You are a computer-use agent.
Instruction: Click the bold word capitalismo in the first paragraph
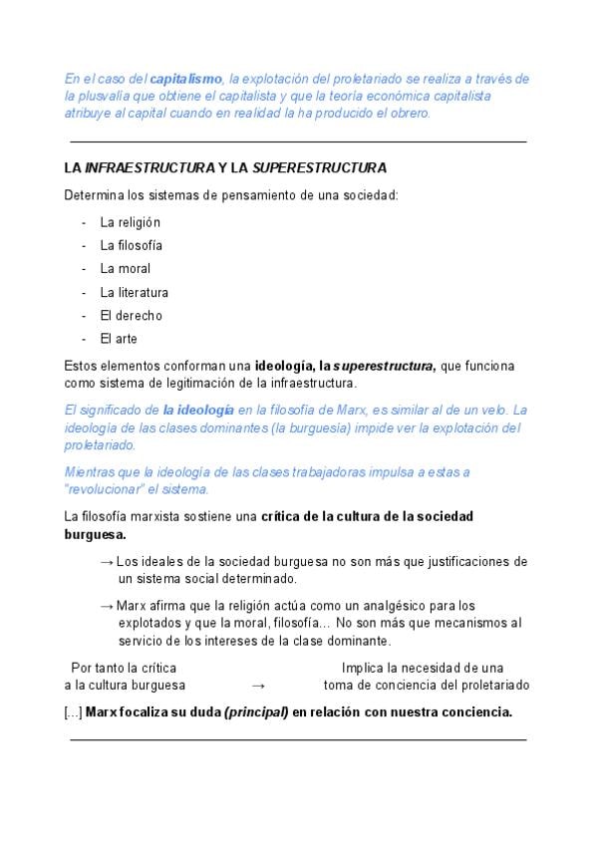click(x=185, y=79)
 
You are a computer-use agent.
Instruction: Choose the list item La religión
click(x=130, y=222)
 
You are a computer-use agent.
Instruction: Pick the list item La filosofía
click(x=131, y=245)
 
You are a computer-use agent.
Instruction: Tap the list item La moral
click(x=126, y=269)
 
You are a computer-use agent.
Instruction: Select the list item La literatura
click(x=134, y=293)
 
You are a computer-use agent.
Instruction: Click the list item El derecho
click(x=131, y=316)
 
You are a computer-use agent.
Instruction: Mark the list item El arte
click(x=119, y=339)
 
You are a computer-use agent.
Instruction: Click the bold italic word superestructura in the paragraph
click(x=384, y=366)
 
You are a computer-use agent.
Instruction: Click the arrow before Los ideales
click(x=107, y=561)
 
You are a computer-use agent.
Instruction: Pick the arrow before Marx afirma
click(x=107, y=606)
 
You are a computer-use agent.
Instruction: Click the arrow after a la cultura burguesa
click(x=258, y=686)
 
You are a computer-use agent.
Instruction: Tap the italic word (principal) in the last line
click(x=256, y=712)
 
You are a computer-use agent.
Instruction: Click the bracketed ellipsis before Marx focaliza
click(x=73, y=712)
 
